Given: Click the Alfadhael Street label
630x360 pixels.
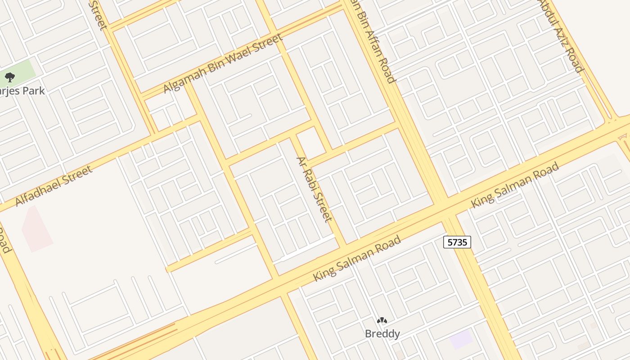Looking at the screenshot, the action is tap(54, 185).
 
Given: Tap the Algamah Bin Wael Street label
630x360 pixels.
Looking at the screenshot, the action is tap(223, 63).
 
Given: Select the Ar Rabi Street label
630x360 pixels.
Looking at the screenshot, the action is tap(314, 189).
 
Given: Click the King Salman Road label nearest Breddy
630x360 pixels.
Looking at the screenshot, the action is tap(356, 259).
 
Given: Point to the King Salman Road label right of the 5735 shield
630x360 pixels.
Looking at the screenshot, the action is tap(515, 185).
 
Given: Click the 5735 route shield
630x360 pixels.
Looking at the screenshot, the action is tap(457, 242).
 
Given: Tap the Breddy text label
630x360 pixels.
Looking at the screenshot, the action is tap(382, 334).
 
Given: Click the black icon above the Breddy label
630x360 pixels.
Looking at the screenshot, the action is tap(382, 320).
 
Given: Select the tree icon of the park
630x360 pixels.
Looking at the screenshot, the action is tap(10, 77).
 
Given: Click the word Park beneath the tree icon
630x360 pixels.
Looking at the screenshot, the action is tap(34, 91).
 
